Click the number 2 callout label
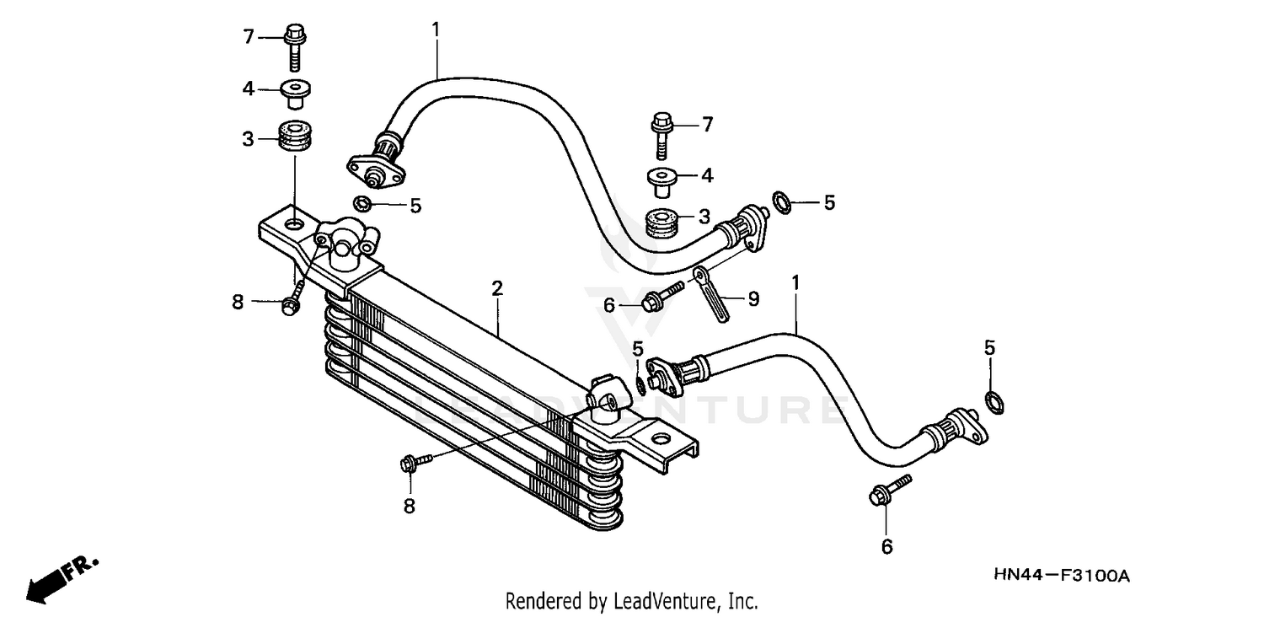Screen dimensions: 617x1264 pyautogui.click(x=497, y=289)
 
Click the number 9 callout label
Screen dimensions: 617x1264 pyautogui.click(x=753, y=298)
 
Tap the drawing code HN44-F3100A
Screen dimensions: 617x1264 pyautogui.click(x=1061, y=576)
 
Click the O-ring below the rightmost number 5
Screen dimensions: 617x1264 pyautogui.click(x=994, y=402)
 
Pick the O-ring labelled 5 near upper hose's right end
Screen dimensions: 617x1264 pyautogui.click(x=781, y=202)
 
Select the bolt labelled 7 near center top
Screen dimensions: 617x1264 pyautogui.click(x=661, y=134)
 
